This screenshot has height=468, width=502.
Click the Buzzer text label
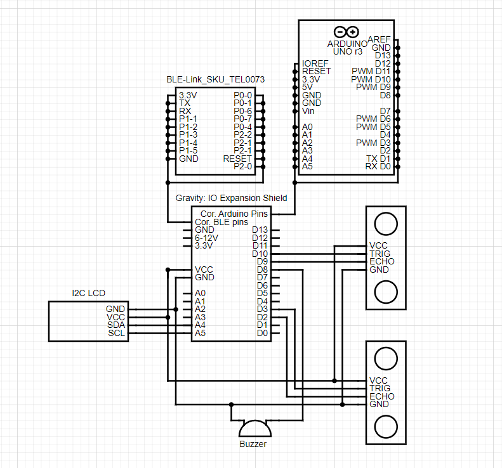click(253, 444)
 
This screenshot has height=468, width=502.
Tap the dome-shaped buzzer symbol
click(253, 428)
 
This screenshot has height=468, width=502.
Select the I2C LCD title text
click(88, 293)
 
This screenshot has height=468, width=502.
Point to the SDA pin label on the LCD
click(116, 325)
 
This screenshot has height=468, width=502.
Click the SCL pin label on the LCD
click(116, 333)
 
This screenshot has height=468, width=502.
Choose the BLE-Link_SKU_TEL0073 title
click(215, 79)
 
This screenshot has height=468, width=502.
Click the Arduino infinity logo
click(346, 32)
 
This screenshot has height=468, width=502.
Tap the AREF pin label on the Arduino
click(379, 39)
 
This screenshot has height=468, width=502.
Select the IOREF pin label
click(315, 63)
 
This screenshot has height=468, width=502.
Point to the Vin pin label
click(308, 111)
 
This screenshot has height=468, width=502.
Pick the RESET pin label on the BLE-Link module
click(237, 158)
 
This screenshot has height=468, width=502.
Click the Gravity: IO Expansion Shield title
click(231, 198)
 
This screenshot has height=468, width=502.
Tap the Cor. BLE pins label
click(221, 222)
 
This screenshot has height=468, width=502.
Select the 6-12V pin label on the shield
click(206, 238)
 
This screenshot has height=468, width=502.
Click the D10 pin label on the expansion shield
click(260, 254)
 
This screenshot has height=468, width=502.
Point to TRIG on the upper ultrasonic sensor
click(381, 254)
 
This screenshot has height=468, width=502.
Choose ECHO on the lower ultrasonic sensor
click(381, 396)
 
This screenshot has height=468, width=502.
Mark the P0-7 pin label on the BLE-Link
click(242, 119)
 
